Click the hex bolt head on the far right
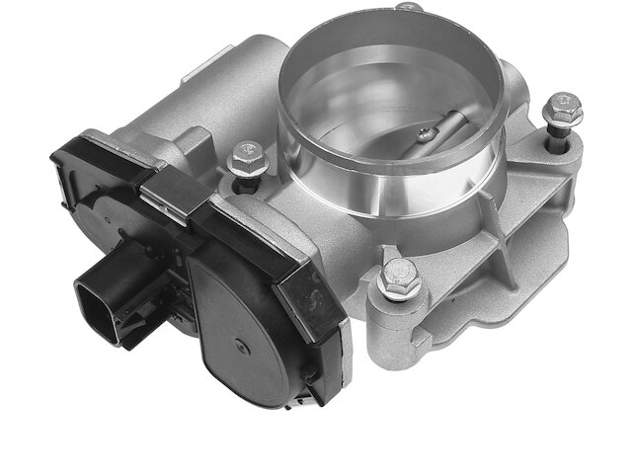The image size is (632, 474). point(565,109)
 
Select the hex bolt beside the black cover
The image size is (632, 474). point(244,158)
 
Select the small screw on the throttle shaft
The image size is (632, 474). point(425,131)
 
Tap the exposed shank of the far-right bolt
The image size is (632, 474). point(559,138)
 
